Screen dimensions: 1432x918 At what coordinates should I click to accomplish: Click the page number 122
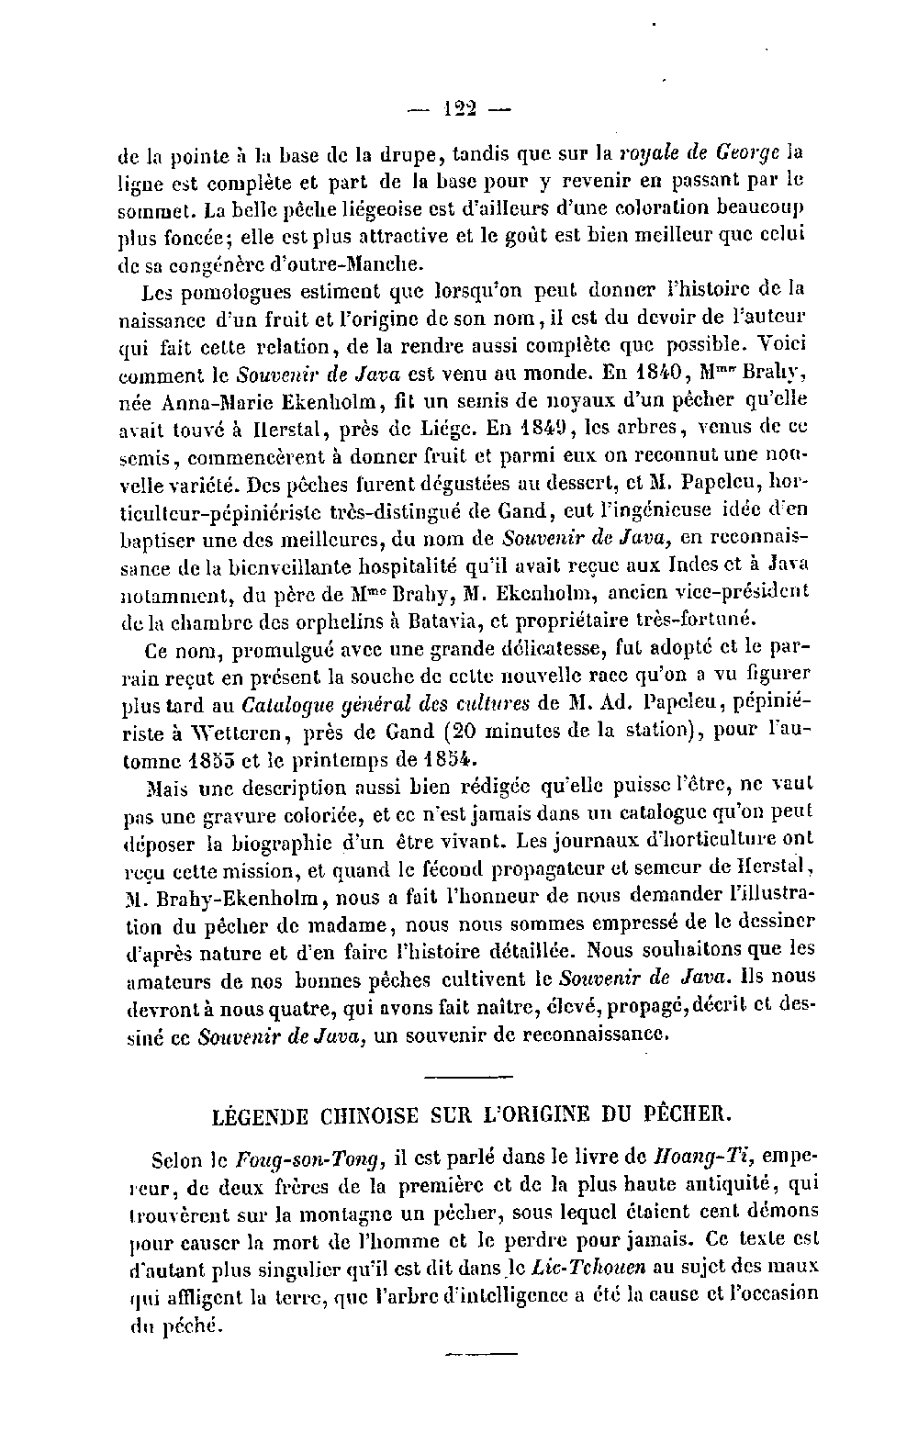coord(458,109)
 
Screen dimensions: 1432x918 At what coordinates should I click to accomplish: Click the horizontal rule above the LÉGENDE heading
coord(471,1076)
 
